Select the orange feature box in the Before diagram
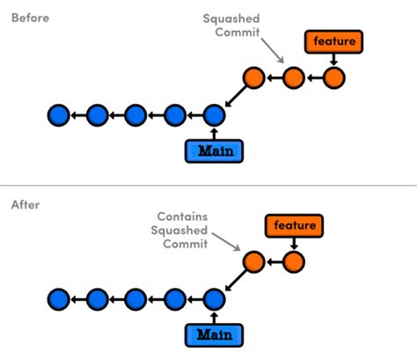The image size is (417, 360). point(333,40)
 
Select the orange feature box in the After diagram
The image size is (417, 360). point(295,225)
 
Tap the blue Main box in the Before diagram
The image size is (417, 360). point(214,151)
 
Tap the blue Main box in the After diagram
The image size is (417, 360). point(214,335)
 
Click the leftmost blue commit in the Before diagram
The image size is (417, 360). point(59,114)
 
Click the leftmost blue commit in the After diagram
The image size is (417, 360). point(59,299)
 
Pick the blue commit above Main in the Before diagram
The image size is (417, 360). point(214,114)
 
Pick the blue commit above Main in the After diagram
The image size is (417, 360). point(214,299)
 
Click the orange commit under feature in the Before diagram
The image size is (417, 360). point(333,77)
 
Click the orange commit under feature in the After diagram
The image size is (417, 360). point(294,261)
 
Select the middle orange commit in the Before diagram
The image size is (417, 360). point(294,77)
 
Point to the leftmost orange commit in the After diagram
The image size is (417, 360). point(254,261)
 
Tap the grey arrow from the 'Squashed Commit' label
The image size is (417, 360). point(278,55)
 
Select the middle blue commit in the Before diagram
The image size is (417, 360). point(135,114)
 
